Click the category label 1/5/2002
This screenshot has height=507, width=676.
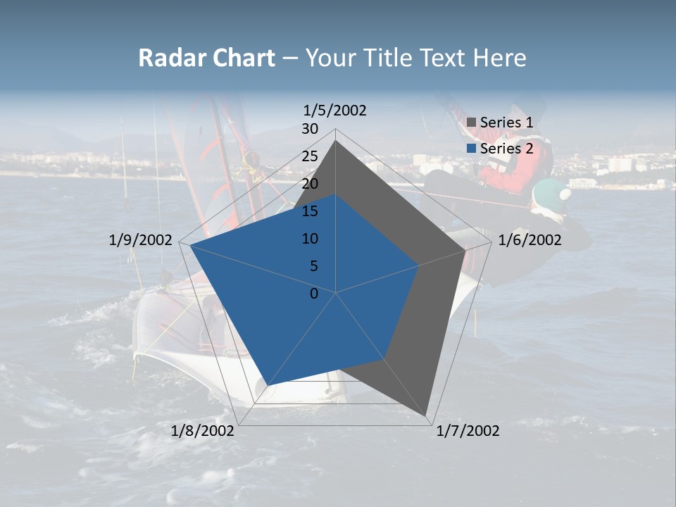click(x=334, y=110)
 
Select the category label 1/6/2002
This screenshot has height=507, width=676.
click(x=530, y=240)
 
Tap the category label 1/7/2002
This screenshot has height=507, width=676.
click(x=468, y=431)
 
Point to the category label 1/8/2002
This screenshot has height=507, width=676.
click(x=203, y=431)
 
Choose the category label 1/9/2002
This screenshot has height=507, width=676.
click(x=141, y=240)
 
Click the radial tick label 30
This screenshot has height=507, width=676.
click(x=310, y=129)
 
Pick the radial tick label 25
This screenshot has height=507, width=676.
click(x=310, y=156)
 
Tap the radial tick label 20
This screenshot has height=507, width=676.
click(x=310, y=184)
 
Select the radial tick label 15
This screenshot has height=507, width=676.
click(x=310, y=211)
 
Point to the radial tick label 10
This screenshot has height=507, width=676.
click(x=310, y=239)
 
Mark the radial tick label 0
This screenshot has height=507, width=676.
click(x=314, y=294)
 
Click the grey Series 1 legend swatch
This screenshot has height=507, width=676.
click(x=472, y=123)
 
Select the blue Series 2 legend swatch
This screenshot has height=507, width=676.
click(x=472, y=149)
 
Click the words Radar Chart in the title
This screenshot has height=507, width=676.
click(x=206, y=58)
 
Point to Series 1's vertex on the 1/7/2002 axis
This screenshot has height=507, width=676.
click(x=427, y=415)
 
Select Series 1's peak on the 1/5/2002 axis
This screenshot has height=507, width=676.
click(x=335, y=141)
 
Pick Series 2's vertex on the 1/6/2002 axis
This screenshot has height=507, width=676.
click(x=419, y=265)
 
